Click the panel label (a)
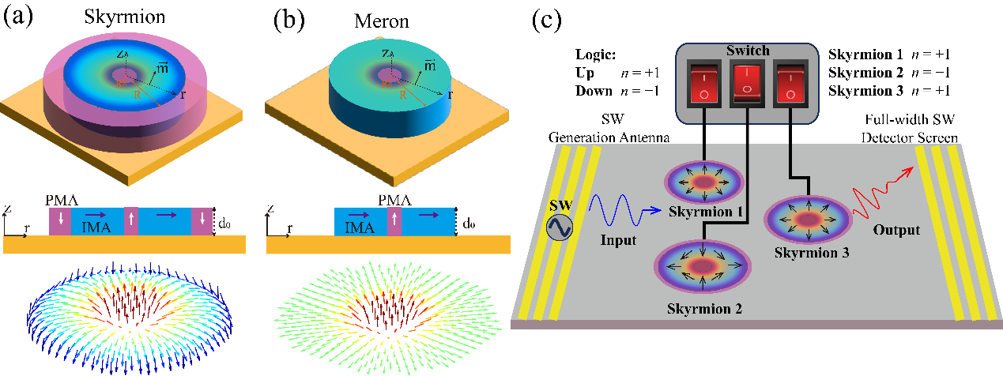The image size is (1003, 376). coord(18,17)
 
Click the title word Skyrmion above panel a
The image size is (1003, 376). coord(124,17)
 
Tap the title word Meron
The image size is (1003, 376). coord(382,21)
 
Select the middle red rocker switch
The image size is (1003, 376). coord(747,84)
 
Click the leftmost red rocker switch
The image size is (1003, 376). coord(704,85)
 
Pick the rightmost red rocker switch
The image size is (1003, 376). coord(790,85)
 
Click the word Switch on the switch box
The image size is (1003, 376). coord(748,51)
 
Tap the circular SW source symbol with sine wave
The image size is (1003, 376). coord(560,227)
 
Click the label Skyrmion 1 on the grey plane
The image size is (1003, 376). coord(706,211)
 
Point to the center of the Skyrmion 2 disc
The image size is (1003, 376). coord(703,266)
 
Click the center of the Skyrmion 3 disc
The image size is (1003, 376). coord(809,220)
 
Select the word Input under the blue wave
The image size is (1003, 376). coord(618,240)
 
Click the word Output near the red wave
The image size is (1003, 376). coord(896,230)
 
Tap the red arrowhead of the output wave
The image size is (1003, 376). coord(907,172)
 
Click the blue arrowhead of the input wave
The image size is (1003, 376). coord(655,210)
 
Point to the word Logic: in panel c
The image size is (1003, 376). coord(595,55)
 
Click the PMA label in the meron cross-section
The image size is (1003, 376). coord(394,200)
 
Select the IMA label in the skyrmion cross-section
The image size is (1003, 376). coord(96,227)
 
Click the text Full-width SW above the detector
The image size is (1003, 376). coord(910,119)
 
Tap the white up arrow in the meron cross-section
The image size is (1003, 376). coord(394,219)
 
